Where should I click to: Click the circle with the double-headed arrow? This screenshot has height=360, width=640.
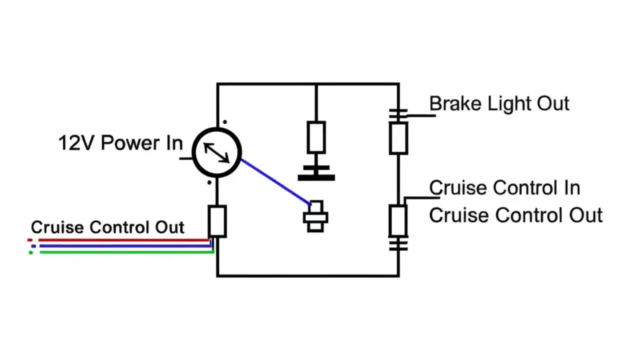[x=217, y=152]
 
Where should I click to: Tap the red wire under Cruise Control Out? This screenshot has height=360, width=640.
[x=120, y=240]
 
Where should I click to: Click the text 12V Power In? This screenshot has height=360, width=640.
[x=120, y=143]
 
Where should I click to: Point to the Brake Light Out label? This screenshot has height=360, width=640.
[x=499, y=104]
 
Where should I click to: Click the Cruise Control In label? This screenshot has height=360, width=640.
[x=504, y=188]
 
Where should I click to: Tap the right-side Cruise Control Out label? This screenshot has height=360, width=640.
[x=515, y=215]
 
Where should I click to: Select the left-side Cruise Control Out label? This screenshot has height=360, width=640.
[x=107, y=227]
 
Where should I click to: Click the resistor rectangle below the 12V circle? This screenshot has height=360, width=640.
[x=217, y=221]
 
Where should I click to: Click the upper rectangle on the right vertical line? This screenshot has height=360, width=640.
[x=398, y=138]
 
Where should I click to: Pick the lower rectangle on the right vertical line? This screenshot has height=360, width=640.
[x=398, y=220]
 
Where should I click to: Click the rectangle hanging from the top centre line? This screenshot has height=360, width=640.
[x=316, y=137]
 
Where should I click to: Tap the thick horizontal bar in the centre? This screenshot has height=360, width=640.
[x=316, y=177]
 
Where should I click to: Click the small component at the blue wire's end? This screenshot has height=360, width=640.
[x=316, y=216]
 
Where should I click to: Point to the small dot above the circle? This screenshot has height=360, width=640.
[x=224, y=121]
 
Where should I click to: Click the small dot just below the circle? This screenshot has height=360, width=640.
[x=209, y=182]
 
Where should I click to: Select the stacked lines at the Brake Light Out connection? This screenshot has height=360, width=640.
[x=398, y=115]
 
